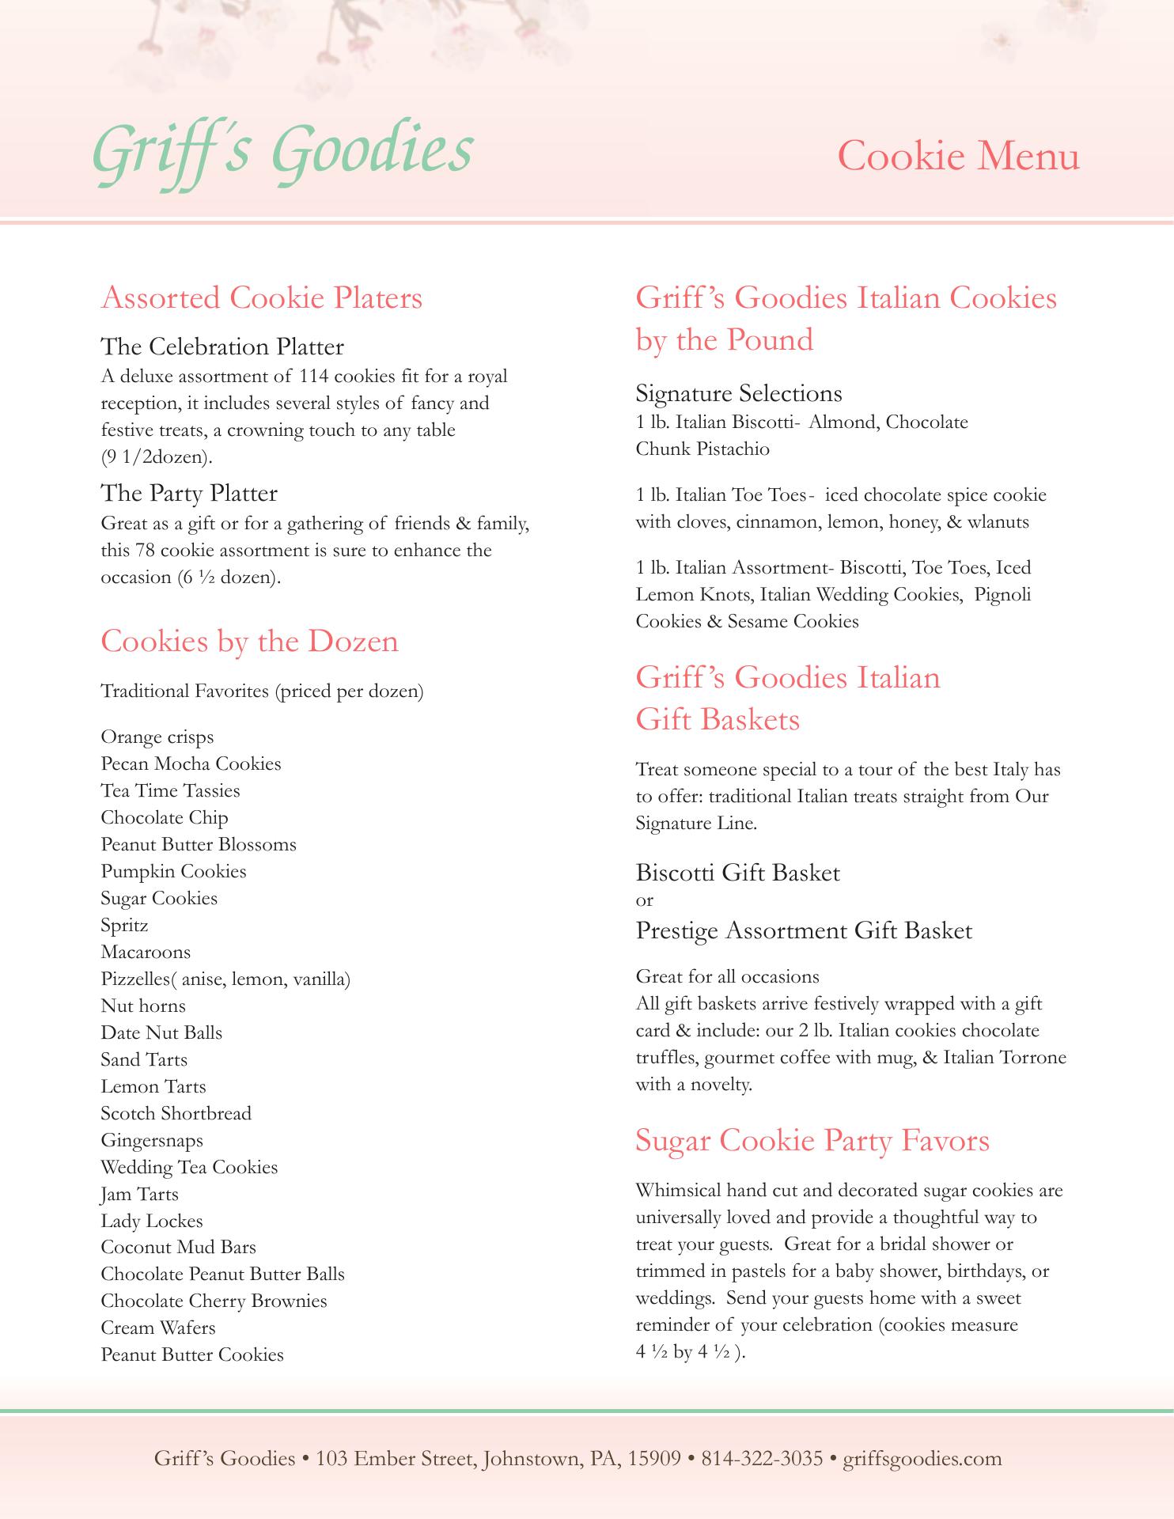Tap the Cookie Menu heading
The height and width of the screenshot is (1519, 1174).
pos(958,155)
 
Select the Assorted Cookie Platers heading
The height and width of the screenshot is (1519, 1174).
pos(262,298)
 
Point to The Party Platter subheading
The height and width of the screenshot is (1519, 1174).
pos(189,493)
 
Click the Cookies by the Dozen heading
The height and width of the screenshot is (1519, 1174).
pos(249,641)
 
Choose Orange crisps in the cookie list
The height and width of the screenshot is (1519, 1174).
pos(157,737)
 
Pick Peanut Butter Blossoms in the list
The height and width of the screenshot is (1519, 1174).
pos(199,845)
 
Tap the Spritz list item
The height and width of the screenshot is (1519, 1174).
pos(124,926)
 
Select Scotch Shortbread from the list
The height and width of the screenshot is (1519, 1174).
pos(176,1114)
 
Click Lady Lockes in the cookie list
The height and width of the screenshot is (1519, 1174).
pos(152,1222)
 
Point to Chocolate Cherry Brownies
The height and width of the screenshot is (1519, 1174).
pos(214,1301)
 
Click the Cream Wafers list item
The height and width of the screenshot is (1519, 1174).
pos(158,1328)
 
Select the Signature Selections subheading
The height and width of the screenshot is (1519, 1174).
pos(739,393)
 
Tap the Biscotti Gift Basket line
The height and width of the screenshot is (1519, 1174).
pos(737,873)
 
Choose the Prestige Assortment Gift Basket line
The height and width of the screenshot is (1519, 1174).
pos(804,931)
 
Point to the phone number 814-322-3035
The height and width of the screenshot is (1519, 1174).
pos(762,1458)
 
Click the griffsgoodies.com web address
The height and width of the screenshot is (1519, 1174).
pos(922,1458)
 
